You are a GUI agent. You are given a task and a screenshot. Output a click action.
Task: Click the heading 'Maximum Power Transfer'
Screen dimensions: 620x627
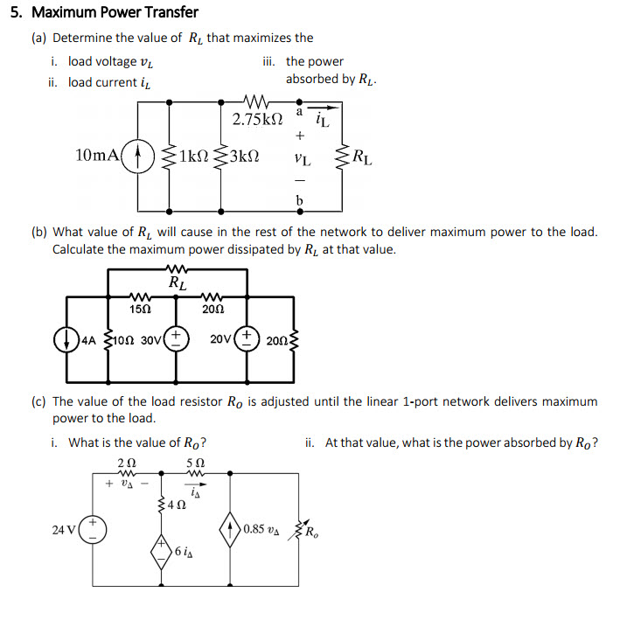pyautogui.click(x=114, y=12)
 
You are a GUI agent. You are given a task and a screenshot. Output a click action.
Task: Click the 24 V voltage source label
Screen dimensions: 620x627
pyautogui.click(x=63, y=529)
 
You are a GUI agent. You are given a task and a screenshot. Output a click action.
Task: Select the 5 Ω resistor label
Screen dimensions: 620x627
pyautogui.click(x=196, y=463)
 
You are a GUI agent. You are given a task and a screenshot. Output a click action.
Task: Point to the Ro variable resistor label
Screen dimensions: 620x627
pyautogui.click(x=313, y=529)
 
